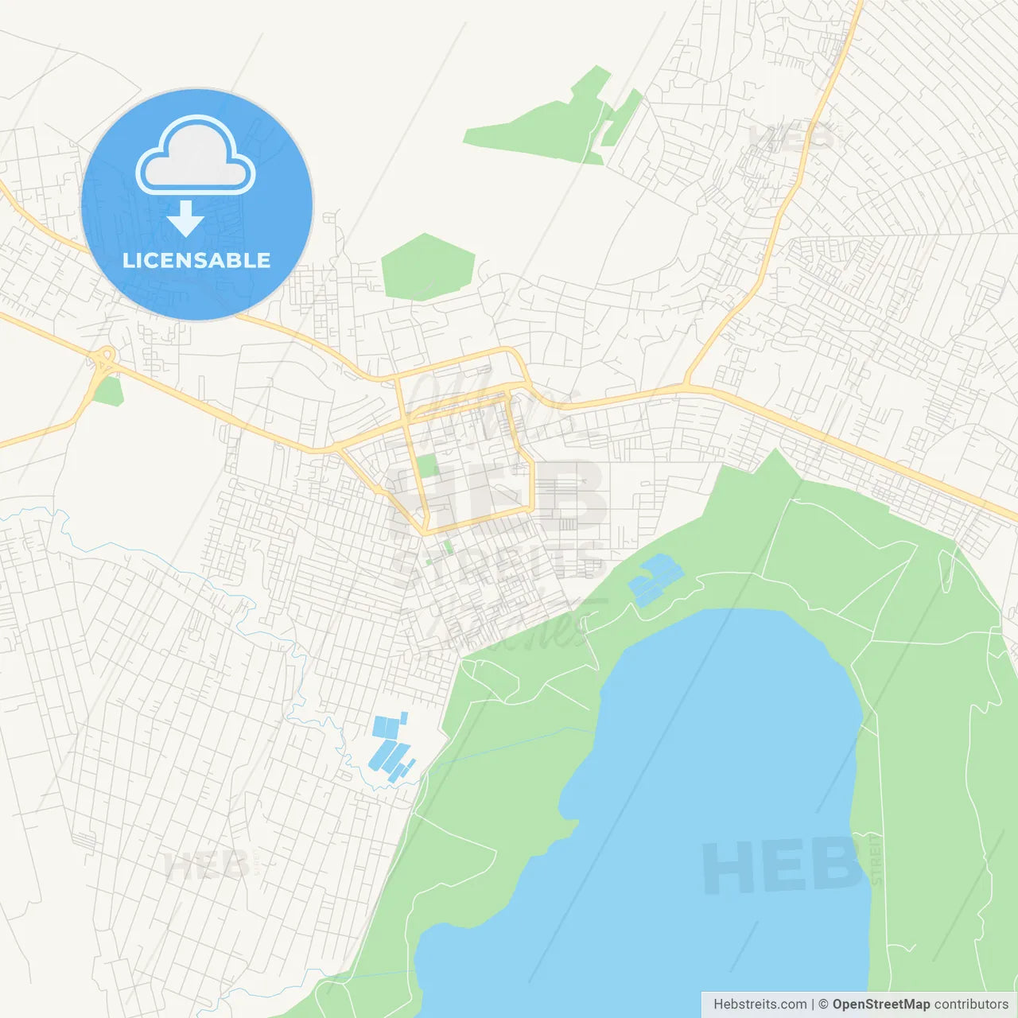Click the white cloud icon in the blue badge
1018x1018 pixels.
[196, 155]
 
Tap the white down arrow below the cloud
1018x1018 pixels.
[186, 219]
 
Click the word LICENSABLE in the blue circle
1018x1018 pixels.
[196, 260]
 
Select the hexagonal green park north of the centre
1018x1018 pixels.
[428, 266]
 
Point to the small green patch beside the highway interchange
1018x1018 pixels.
[109, 391]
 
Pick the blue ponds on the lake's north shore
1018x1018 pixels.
[655, 579]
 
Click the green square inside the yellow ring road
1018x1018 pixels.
[428, 465]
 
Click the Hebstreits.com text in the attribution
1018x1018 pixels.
[760, 1004]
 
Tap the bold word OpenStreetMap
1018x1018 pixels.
[880, 1004]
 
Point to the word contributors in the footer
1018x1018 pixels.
[971, 1004]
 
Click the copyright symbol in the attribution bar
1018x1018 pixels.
[823, 1004]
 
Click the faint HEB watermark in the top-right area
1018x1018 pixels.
[792, 138]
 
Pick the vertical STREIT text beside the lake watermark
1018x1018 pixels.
[876, 859]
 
